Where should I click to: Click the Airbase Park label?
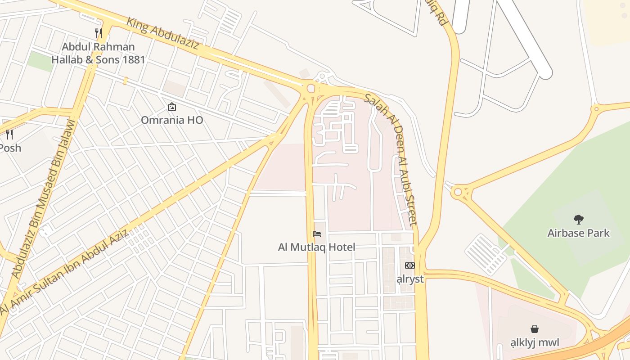pos(578,233)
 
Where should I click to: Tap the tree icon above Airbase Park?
pos(578,220)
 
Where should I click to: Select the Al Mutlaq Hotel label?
pos(317,247)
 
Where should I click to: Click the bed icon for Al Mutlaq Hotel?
pos(317,234)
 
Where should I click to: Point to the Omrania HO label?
pos(172,120)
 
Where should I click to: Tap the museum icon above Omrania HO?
pos(171,107)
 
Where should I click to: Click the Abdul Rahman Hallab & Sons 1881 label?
pos(98,53)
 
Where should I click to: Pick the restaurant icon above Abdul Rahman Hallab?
pos(98,33)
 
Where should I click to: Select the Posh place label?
pos(10,148)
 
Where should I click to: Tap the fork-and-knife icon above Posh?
pos(9,134)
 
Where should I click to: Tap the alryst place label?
pos(410,279)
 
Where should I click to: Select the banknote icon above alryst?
pos(409,265)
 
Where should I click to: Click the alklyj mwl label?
pos(535,342)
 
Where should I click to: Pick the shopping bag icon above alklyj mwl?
pos(535,329)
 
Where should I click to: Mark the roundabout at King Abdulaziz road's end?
pos(311,88)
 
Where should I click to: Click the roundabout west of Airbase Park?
pos(458,192)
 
